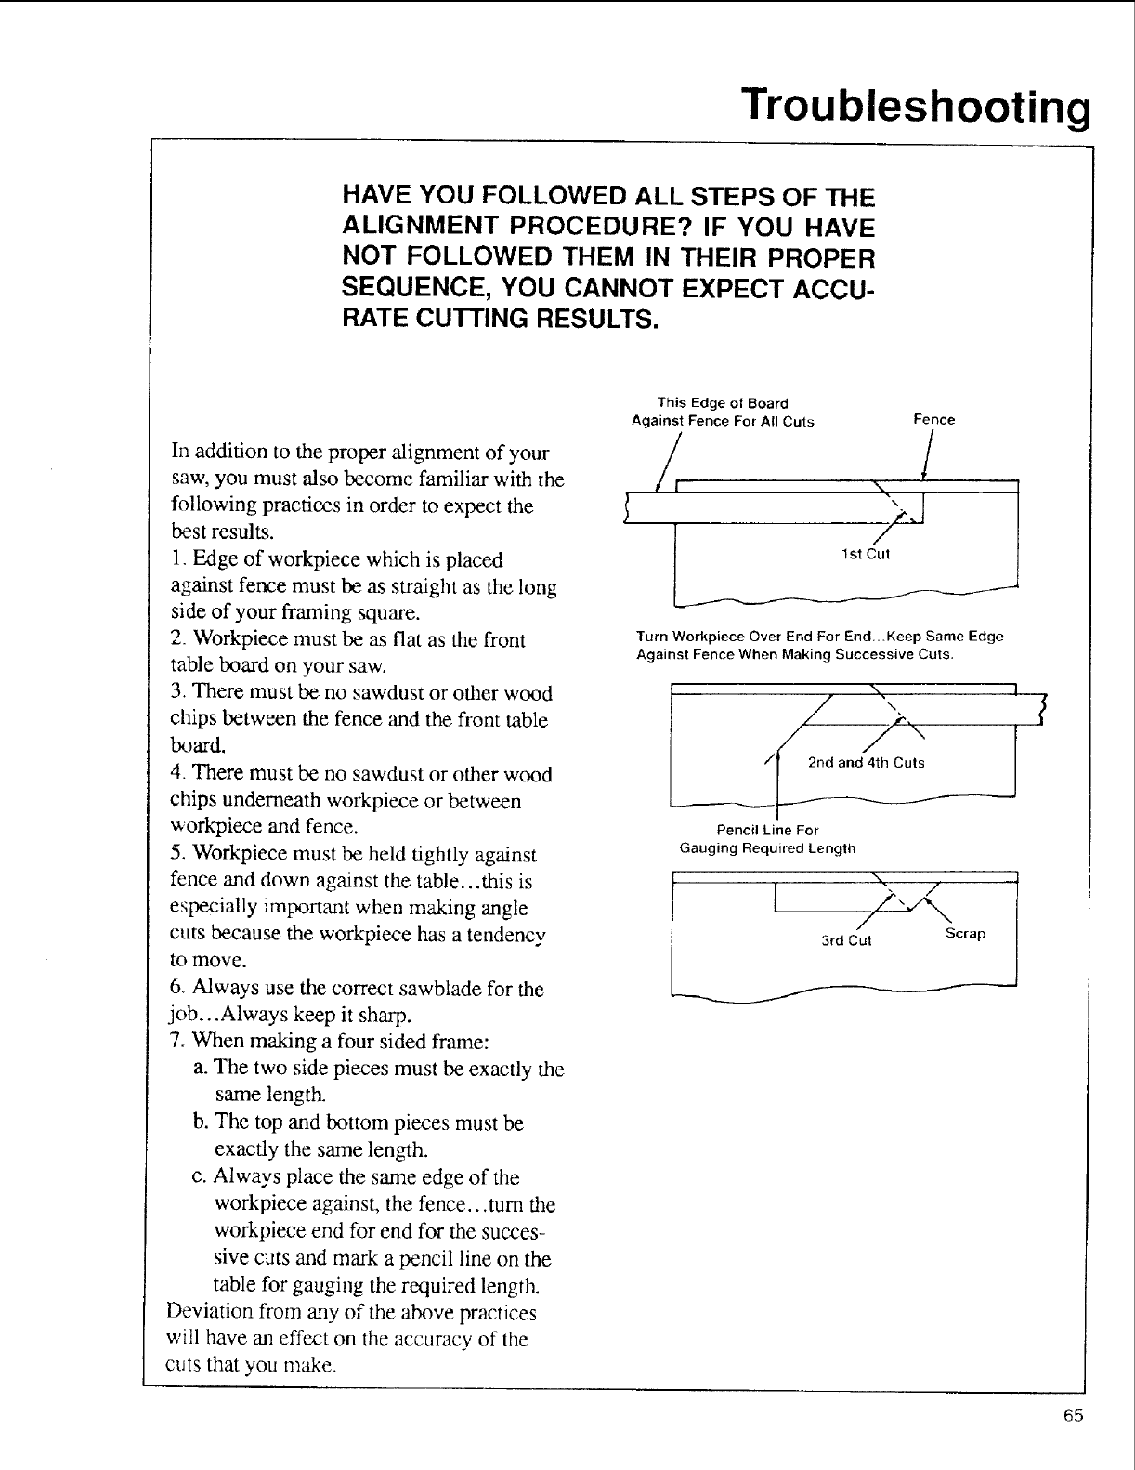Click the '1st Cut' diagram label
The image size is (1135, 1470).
pyautogui.click(x=865, y=555)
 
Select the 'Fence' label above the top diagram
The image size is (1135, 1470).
pyautogui.click(x=933, y=420)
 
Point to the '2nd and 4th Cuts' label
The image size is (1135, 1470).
pyautogui.click(x=866, y=763)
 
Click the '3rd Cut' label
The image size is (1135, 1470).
pyautogui.click(x=846, y=940)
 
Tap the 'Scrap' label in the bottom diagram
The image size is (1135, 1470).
pyautogui.click(x=965, y=933)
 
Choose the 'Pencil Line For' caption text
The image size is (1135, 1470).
pyautogui.click(x=767, y=830)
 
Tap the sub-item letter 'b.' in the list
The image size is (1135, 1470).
pyautogui.click(x=201, y=1122)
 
